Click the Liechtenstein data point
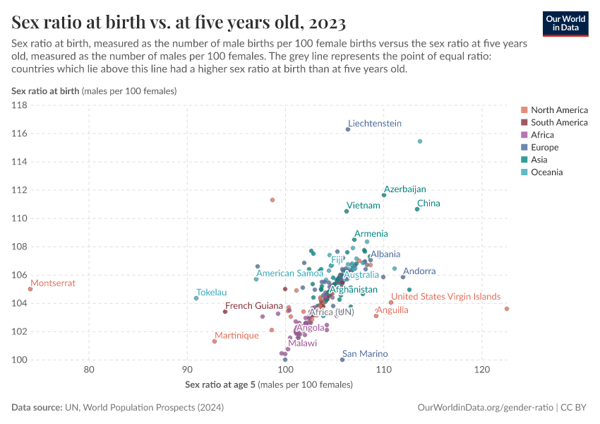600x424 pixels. tap(348, 129)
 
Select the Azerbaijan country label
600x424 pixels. tap(405, 189)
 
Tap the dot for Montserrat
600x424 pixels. tap(30, 289)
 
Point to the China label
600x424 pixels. tap(428, 204)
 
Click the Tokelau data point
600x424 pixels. tap(196, 298)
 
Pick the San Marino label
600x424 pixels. tap(365, 353)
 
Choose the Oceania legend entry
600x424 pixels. tap(547, 172)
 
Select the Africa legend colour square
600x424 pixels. tap(524, 135)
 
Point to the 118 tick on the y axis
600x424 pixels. tap(19, 105)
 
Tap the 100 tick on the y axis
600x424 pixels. tap(19, 360)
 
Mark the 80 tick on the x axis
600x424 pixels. tap(90, 370)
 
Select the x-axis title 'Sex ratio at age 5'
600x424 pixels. tap(220, 384)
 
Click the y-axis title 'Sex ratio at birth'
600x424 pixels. tap(45, 91)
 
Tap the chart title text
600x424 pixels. tap(179, 23)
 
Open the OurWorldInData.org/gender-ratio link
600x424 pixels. tap(486, 408)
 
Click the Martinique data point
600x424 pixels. tap(215, 341)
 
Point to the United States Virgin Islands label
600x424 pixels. tap(446, 297)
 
